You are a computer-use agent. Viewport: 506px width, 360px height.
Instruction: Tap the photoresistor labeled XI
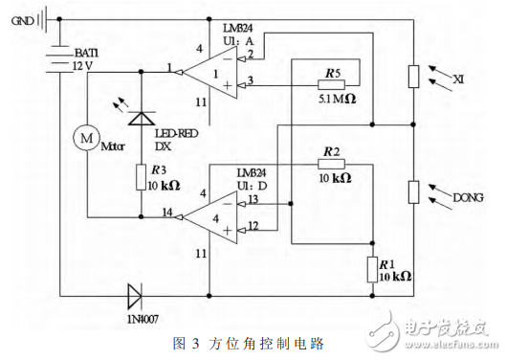[x=413, y=77]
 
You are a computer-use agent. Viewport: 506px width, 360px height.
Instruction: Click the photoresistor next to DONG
[x=413, y=191]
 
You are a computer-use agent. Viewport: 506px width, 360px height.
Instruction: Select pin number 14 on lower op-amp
[x=167, y=212]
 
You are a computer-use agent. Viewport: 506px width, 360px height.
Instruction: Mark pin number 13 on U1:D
[x=253, y=200]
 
